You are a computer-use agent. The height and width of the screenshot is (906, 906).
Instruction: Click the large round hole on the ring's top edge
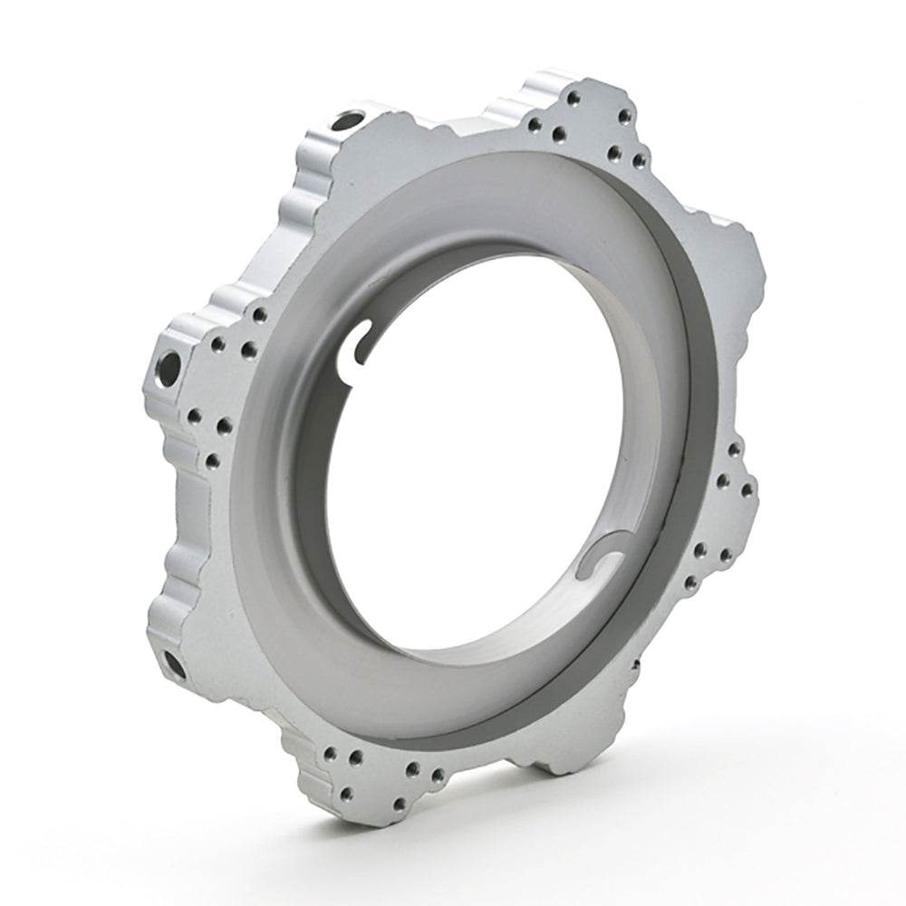(348, 120)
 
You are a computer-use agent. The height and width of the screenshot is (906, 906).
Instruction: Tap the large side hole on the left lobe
(169, 368)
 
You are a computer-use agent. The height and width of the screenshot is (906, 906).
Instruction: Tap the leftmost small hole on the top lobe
(535, 125)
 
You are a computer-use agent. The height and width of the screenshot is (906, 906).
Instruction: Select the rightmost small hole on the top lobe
(640, 161)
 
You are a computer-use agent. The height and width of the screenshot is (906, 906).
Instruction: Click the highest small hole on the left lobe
(260, 315)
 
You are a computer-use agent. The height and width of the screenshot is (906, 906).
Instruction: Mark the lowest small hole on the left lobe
(212, 461)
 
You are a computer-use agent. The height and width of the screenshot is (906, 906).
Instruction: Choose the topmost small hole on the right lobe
(734, 448)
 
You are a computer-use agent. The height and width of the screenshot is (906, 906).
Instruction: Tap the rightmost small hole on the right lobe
(747, 490)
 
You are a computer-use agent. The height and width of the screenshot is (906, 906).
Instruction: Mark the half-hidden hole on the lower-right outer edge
(635, 667)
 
